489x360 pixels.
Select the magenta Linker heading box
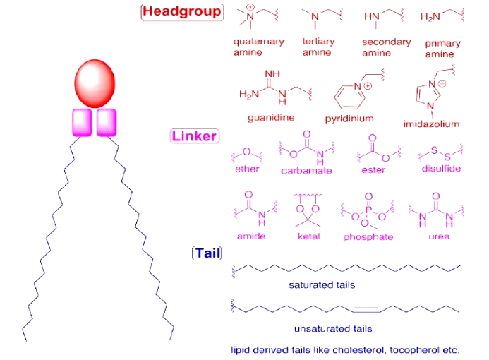195,136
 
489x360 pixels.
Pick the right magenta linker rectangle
107,121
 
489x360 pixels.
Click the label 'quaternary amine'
258,47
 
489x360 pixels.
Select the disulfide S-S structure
440,152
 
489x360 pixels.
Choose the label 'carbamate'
306,171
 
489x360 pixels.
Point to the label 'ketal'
309,236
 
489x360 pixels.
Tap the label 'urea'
439,236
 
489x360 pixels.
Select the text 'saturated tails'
322,285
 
